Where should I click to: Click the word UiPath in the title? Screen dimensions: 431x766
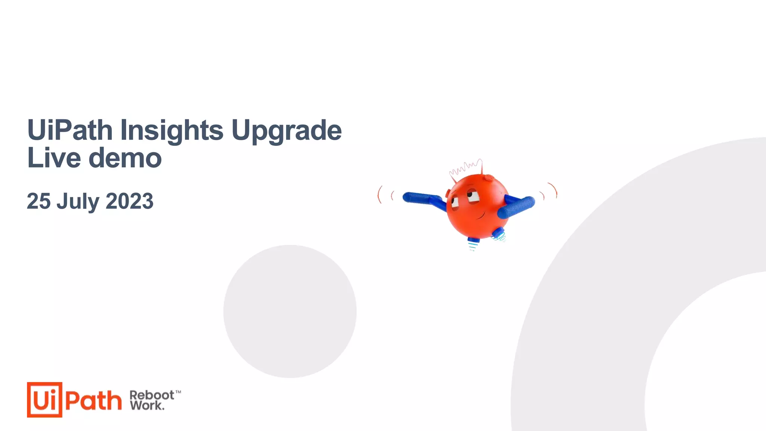[70, 130]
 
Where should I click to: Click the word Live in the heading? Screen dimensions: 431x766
[54, 158]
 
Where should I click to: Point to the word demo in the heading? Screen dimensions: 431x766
[125, 158]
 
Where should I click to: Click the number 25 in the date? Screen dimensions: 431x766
[39, 201]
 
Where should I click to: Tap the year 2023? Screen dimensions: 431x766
[129, 201]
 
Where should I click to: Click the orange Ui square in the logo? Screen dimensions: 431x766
[45, 400]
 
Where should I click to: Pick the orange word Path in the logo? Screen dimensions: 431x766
[94, 400]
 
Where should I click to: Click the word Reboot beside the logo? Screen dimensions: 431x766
[151, 395]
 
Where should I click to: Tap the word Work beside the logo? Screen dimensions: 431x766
[147, 405]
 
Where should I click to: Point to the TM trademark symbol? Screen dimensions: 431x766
[178, 392]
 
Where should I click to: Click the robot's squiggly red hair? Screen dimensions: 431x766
[466, 168]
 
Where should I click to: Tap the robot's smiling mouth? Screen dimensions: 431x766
[479, 216]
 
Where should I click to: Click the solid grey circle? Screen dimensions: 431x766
[290, 311]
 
